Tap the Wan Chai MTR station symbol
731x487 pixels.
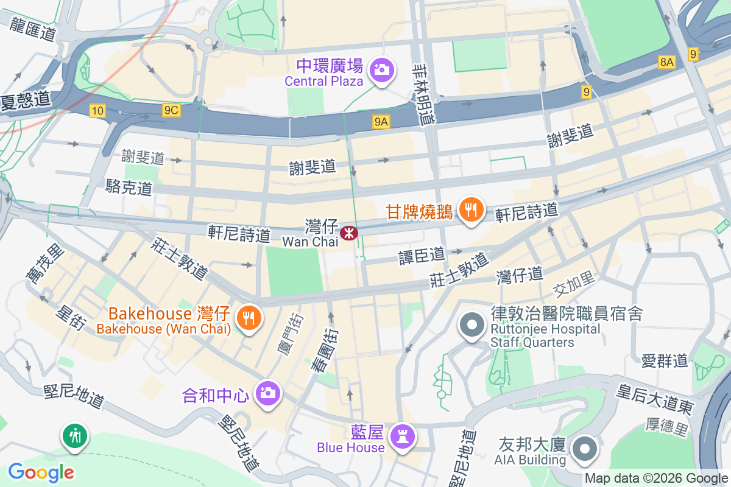(x=348, y=232)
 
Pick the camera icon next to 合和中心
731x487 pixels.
(x=267, y=393)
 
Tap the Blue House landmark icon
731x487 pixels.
(x=403, y=436)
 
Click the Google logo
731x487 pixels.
(x=41, y=472)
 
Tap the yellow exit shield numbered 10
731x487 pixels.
(x=97, y=110)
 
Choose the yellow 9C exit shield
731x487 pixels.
(x=171, y=110)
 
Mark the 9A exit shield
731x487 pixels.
(x=381, y=122)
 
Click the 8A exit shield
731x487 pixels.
(x=667, y=61)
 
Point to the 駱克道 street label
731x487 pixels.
(x=129, y=187)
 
